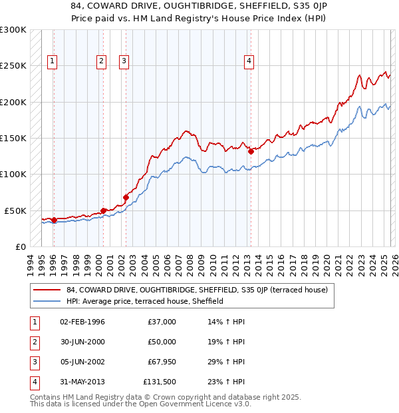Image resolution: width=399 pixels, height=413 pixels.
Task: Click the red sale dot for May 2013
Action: pyautogui.click(x=251, y=151)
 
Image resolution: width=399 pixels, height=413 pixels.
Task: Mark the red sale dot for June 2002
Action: pyautogui.click(x=126, y=197)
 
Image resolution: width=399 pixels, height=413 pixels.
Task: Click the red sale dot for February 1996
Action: pyautogui.click(x=53, y=220)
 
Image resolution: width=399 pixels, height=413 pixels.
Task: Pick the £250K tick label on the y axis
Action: pyautogui.click(x=13, y=66)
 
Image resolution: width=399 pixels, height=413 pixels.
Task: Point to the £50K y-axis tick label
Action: pyautogui.click(x=15, y=210)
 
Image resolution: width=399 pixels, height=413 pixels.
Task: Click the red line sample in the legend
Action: pyautogui.click(x=48, y=290)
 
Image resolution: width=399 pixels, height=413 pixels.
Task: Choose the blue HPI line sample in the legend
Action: pyautogui.click(x=48, y=301)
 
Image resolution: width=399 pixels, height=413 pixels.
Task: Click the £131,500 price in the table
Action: pyautogui.click(x=160, y=382)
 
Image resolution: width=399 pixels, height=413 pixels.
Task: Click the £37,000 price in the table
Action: pyautogui.click(x=162, y=322)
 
